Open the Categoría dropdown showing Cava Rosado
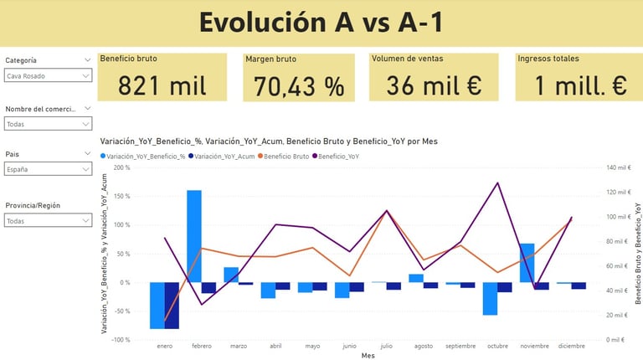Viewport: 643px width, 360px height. [48, 76]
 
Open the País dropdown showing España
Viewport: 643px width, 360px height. [48, 169]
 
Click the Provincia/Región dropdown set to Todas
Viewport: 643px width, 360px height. [48, 221]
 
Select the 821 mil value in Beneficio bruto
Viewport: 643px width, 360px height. [162, 85]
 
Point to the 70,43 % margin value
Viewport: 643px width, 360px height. [300, 85]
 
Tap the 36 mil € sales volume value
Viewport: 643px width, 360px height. [434, 85]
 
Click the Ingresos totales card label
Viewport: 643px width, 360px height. [548, 59]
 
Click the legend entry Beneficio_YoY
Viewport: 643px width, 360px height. [339, 156]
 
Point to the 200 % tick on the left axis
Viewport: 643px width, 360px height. [121, 167]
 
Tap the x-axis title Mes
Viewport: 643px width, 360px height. [368, 355]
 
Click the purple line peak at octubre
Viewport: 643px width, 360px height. [497, 183]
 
